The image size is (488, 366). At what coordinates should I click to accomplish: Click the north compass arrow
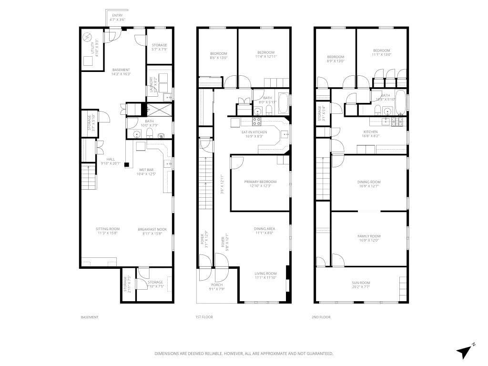tap(465, 351)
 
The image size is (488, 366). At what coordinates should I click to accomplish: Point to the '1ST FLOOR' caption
tap(204, 317)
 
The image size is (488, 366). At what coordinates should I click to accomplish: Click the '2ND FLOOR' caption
tap(321, 317)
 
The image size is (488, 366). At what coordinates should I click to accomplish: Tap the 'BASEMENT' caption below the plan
tap(89, 317)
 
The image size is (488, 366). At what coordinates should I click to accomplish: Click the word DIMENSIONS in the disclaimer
tap(166, 354)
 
